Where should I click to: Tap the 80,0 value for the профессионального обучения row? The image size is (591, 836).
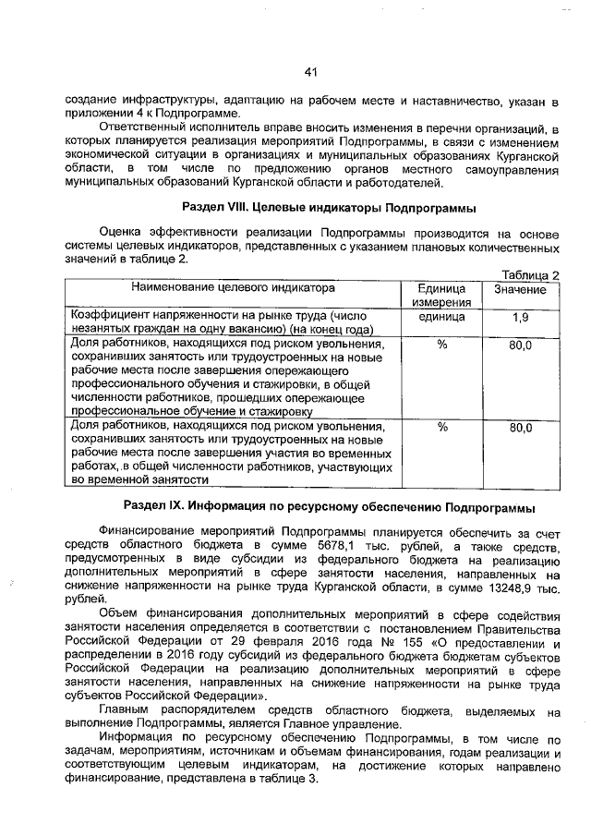[520, 345]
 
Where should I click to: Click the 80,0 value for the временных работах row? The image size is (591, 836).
[520, 428]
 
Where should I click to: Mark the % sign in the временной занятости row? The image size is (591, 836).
[441, 428]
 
